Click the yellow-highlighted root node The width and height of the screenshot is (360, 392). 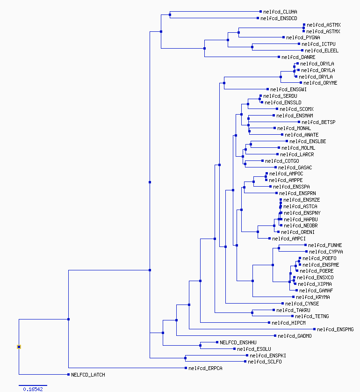point(19,347)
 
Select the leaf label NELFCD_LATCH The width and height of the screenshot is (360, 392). point(88,375)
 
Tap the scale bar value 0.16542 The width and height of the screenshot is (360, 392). point(33,389)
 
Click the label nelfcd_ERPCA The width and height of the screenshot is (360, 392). point(205,368)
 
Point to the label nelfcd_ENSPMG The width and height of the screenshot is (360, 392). point(335,329)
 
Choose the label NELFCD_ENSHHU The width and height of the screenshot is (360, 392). point(238,342)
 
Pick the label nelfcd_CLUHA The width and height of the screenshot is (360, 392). point(280,12)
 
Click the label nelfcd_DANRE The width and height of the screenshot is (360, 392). point(298,57)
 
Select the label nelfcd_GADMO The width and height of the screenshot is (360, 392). point(295,336)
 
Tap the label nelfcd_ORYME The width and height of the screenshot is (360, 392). point(320,83)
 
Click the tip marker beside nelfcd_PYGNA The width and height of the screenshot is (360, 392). point(283,37)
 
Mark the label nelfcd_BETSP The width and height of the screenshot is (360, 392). point(318,122)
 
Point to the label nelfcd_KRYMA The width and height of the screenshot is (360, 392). point(313,297)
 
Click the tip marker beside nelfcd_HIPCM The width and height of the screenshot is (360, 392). point(269,323)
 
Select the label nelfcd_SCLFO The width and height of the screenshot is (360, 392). point(265,362)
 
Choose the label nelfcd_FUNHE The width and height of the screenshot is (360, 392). point(325,245)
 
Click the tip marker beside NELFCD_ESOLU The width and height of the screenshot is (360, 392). point(234,349)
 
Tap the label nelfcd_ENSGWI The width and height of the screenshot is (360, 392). point(288,89)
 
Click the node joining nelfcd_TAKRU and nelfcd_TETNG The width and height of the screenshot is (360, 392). point(252,313)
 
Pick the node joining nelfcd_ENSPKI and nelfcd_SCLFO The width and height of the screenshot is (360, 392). point(185,358)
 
